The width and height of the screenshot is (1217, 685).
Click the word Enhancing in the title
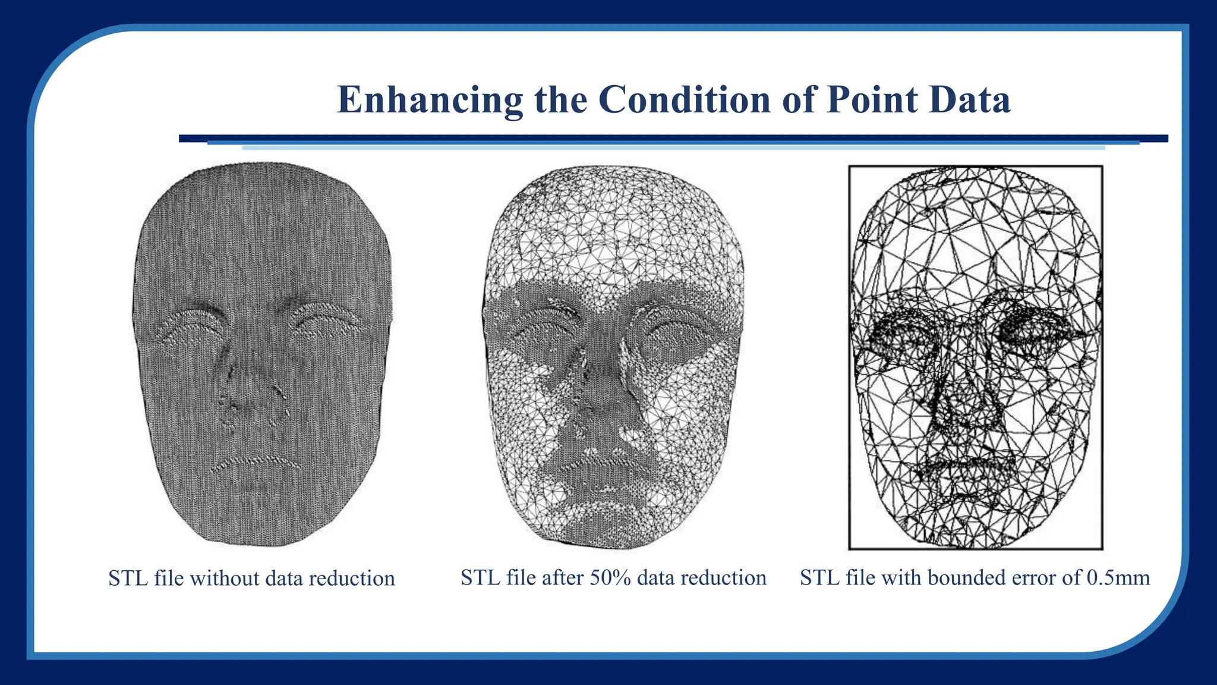click(430, 100)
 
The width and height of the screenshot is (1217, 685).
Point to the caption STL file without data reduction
click(251, 578)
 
